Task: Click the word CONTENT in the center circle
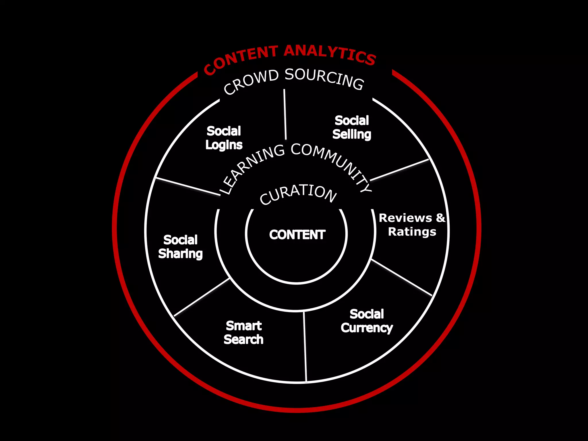click(x=297, y=235)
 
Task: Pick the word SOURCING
click(x=324, y=78)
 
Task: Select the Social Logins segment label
click(x=224, y=138)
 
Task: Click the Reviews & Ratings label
click(x=412, y=225)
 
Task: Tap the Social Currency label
click(x=367, y=321)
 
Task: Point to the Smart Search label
click(x=243, y=333)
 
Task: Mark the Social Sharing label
click(x=180, y=247)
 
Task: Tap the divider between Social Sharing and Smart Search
click(x=202, y=297)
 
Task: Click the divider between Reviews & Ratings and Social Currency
click(x=402, y=277)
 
